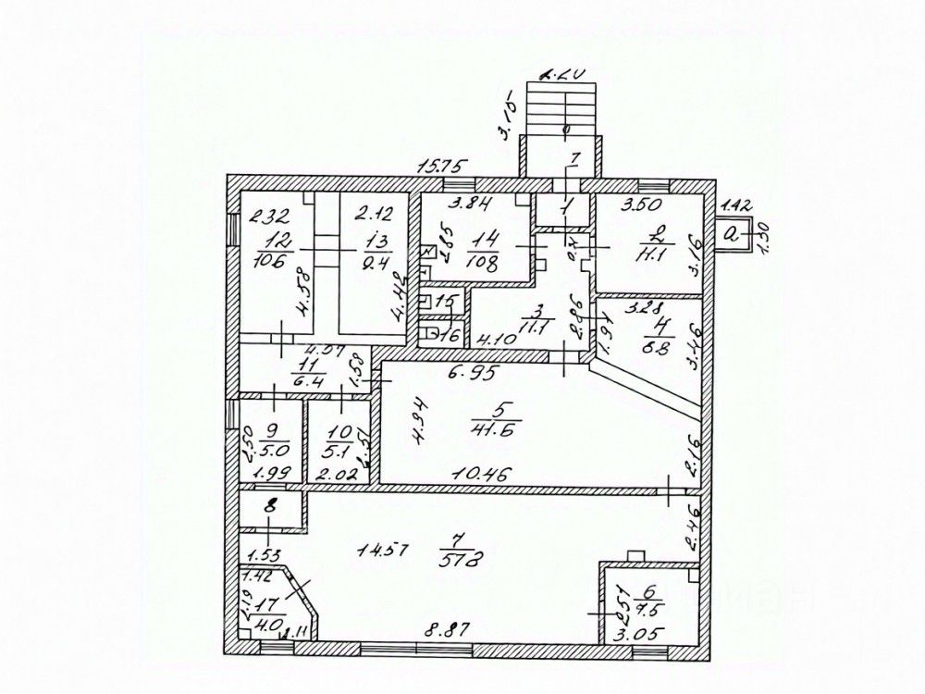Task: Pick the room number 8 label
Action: coord(269,507)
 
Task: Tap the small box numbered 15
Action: coord(446,302)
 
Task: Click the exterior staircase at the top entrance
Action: coord(561,105)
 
